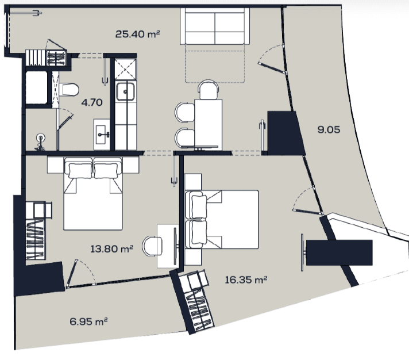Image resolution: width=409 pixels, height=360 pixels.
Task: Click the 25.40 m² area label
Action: pos(137,34)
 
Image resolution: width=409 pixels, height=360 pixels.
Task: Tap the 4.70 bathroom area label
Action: pos(92,102)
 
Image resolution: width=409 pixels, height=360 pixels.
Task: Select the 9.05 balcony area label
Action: pos(329,129)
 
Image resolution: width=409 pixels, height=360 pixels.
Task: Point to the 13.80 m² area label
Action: pos(111,249)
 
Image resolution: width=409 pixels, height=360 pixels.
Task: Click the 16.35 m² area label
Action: pos(246,280)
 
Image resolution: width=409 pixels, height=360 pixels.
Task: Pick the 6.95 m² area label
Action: pos(88,321)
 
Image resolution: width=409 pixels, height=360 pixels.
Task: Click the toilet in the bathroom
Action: pos(68,90)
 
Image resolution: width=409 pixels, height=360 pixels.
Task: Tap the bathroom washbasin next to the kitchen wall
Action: pos(102,135)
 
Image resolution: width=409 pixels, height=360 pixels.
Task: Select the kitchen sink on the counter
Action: pos(125,91)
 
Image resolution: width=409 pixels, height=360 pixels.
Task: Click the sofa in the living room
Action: pos(215,26)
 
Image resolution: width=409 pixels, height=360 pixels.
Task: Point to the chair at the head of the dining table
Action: pos(208,89)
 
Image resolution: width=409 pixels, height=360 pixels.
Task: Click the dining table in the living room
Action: pos(208,125)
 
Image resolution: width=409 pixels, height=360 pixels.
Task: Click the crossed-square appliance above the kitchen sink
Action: pos(125,70)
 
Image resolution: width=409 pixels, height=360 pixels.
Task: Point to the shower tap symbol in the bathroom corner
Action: pos(40,142)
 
